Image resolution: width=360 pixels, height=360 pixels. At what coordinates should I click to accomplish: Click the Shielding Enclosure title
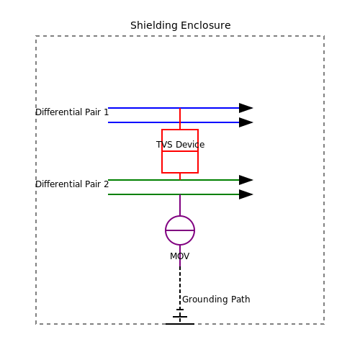181,25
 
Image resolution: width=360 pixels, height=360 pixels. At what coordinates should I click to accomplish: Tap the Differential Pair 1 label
72,112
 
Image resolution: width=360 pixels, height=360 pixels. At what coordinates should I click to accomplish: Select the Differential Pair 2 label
72,184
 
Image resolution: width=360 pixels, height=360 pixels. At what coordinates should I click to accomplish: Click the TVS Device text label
181,145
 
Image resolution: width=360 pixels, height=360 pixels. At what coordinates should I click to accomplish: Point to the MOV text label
180,256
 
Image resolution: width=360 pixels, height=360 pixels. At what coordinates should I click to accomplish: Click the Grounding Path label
216,300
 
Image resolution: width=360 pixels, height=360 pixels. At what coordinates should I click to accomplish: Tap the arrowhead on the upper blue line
246,108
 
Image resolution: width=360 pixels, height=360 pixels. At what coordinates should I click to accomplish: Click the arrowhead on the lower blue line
246,122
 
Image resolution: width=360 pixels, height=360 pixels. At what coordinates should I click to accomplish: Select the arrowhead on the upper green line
246,180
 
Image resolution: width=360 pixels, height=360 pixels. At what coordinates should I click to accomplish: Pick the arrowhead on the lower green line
246,194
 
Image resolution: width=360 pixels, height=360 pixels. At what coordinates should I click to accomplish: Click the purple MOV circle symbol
166,230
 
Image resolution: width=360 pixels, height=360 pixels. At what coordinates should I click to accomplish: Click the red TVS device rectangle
162,163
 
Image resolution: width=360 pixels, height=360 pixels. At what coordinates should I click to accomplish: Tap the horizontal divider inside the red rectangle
180,151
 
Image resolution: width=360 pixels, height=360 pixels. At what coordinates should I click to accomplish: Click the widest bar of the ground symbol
180,324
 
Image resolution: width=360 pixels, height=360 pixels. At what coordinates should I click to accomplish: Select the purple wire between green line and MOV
180,205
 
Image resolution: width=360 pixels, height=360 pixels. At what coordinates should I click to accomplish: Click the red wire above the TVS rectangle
180,119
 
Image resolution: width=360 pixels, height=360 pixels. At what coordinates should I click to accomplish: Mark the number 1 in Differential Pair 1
106,112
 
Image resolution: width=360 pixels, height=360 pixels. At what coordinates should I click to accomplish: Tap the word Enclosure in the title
206,25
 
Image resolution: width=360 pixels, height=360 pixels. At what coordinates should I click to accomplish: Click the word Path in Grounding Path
240,300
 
